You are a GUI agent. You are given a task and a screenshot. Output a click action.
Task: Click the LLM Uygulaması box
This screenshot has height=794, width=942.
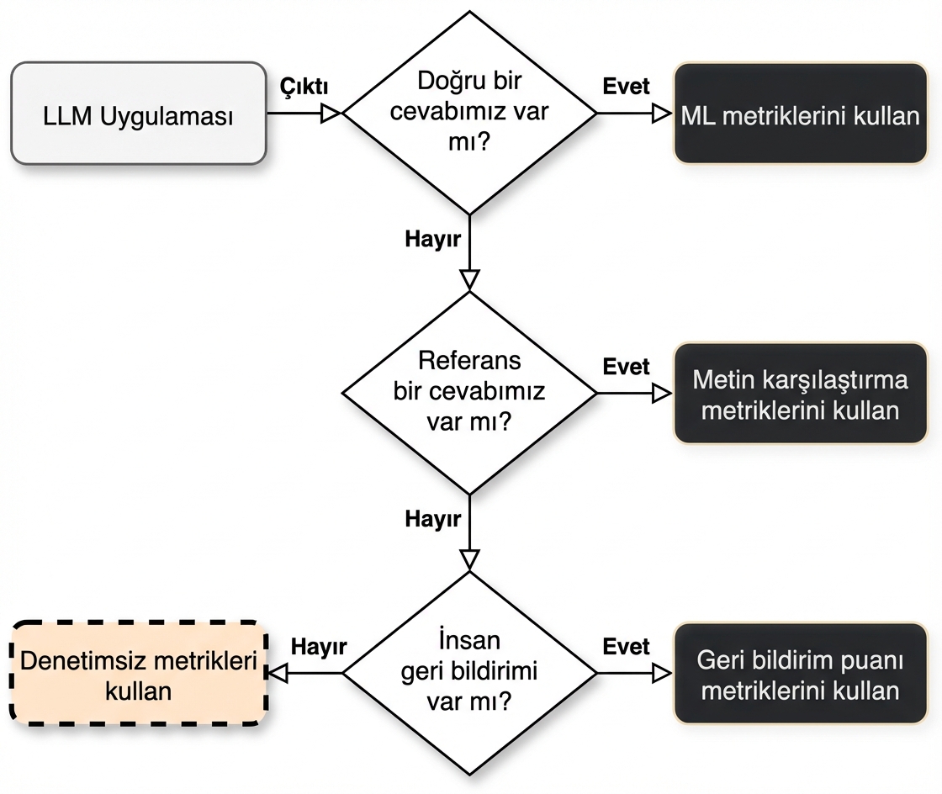(x=138, y=114)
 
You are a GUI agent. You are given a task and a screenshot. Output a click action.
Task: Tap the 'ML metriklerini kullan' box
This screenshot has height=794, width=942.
(x=800, y=114)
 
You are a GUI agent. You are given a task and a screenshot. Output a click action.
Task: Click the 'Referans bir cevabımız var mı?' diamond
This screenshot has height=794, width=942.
(x=469, y=392)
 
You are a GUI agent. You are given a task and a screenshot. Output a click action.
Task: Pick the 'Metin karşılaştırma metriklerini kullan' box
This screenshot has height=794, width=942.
(x=800, y=393)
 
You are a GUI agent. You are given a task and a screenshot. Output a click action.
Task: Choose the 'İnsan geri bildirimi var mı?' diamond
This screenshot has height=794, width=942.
(x=469, y=672)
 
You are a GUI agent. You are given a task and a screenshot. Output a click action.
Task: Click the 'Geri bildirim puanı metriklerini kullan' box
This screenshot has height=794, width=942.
(x=800, y=674)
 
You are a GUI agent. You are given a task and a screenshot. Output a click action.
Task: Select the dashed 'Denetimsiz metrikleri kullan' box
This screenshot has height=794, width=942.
(x=138, y=674)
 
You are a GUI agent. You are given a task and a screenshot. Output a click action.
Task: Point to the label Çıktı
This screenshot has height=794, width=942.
(x=304, y=86)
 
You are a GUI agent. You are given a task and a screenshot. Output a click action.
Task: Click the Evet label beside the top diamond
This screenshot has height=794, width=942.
(x=627, y=86)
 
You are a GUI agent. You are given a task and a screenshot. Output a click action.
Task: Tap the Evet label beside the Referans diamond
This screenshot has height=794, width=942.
(x=627, y=367)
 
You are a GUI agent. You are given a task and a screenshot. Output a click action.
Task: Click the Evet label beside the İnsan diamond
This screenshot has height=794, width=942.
(x=627, y=646)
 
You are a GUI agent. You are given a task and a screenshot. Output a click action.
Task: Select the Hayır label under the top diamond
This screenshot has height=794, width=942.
(x=432, y=239)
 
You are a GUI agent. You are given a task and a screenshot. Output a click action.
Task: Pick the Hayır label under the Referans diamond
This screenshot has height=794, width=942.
(x=432, y=519)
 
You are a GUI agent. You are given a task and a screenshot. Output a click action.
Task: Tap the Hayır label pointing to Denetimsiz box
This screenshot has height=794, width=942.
(x=319, y=646)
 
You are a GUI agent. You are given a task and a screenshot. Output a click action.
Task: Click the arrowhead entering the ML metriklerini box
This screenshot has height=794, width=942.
(x=663, y=114)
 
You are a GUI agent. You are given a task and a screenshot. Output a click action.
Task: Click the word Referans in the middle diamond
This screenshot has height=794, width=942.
(x=469, y=361)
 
